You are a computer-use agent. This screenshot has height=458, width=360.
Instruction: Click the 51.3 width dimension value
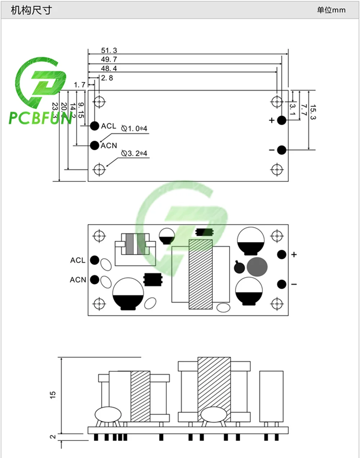click(x=109, y=50)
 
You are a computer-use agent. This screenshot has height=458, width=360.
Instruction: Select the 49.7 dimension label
click(x=109, y=59)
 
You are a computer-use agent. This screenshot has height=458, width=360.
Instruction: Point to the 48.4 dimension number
click(x=109, y=68)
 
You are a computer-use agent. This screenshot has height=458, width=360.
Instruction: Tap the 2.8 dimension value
click(x=107, y=78)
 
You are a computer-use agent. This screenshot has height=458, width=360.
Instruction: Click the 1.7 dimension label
click(x=80, y=85)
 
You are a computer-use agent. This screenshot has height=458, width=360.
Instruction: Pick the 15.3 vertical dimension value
click(x=313, y=112)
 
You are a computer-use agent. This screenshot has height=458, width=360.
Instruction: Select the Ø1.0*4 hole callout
click(x=134, y=128)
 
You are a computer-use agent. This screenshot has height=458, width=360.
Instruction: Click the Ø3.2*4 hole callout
click(x=134, y=154)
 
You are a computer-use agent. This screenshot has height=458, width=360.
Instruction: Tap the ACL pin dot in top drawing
click(x=94, y=126)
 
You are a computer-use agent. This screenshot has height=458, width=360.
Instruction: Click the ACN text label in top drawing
click(x=109, y=146)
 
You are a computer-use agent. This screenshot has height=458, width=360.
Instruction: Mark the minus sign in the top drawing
click(x=272, y=150)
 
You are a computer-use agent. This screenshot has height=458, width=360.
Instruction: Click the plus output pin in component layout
click(x=282, y=254)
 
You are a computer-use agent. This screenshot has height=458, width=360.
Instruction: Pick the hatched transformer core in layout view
click(x=201, y=274)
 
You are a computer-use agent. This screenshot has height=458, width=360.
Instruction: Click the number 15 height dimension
click(x=53, y=395)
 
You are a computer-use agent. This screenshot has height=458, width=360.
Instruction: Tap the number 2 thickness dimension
click(x=53, y=436)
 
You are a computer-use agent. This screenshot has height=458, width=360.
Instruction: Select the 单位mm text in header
click(x=331, y=10)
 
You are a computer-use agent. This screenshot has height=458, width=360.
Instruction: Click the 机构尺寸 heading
click(x=31, y=10)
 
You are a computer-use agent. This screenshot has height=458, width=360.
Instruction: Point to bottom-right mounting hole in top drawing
click(x=276, y=169)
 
